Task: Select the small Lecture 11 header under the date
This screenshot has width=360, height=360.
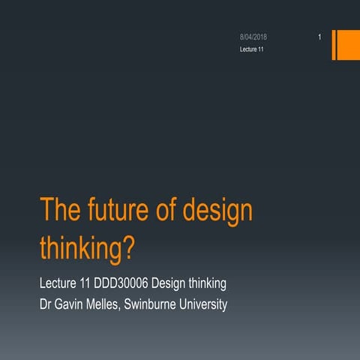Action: (250, 49)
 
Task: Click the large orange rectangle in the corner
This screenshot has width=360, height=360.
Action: (347, 44)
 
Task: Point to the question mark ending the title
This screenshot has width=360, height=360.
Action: (130, 248)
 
